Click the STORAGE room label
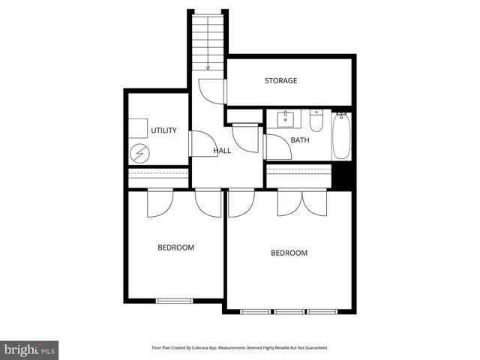(280, 80)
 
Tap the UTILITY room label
(163, 130)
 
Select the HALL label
(222, 151)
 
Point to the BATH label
(300, 140)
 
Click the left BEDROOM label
(175, 247)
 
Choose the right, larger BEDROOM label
(289, 253)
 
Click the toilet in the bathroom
(316, 121)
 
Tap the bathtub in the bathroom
(341, 135)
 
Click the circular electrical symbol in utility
(139, 154)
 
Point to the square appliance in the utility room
(137, 129)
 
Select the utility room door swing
(201, 144)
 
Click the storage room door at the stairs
(213, 91)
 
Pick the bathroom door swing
(277, 148)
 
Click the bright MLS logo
(29, 349)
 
